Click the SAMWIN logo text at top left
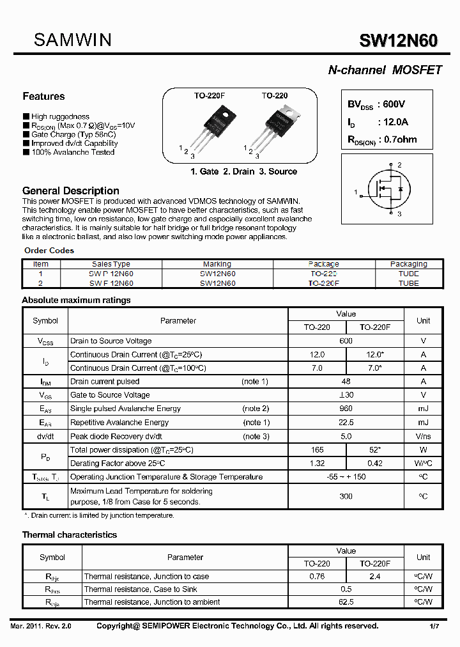coord(72,40)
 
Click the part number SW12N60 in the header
coord(398,42)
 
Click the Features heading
coord(43,97)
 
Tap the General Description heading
coord(70,191)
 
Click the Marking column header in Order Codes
coord(217,264)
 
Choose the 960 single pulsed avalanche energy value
coord(346,409)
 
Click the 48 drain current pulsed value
coord(346,382)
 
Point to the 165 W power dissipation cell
coord(317,450)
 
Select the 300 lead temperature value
coord(346,496)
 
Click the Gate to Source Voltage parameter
coord(110,395)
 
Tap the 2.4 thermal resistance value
coord(375,576)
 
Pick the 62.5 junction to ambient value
coord(346,602)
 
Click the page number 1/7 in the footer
coord(434,626)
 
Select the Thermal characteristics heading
coord(70,534)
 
